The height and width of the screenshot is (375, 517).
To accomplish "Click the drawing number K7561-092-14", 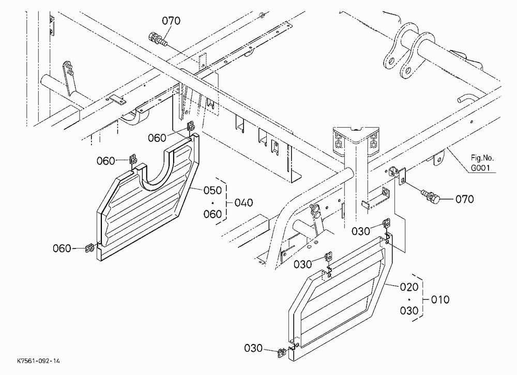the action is [39, 361].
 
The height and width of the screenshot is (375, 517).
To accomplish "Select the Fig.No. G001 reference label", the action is [482, 163].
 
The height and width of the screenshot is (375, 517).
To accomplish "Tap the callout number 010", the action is [440, 300].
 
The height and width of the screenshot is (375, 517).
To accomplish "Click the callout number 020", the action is [409, 287].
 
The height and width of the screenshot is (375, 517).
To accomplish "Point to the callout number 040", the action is [244, 202].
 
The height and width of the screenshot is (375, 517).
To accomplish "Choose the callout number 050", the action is [212, 191].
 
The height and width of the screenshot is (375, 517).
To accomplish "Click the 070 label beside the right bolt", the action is [465, 199].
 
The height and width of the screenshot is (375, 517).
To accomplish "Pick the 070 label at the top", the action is [171, 21].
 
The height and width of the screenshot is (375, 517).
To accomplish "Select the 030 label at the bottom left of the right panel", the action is [253, 348].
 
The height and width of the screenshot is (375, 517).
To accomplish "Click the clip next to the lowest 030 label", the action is [281, 353].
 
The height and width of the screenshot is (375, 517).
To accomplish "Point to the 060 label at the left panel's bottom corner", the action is [62, 248].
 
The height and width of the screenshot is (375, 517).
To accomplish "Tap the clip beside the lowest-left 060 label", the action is [89, 248].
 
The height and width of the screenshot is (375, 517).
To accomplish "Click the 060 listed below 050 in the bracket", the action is [212, 214].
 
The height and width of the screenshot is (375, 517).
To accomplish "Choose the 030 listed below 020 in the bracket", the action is [409, 310].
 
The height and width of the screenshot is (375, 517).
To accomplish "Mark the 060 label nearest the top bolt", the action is [157, 137].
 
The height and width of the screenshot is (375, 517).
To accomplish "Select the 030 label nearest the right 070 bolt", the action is [361, 231].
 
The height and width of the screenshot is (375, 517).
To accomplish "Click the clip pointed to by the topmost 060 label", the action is [190, 126].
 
